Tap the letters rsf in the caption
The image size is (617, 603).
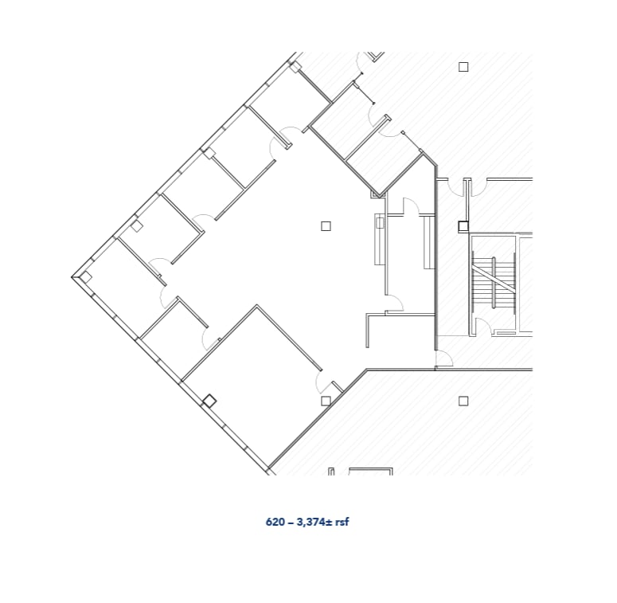[x=341, y=523]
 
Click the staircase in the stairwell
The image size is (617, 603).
[x=493, y=283]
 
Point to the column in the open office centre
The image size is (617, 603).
[x=326, y=226]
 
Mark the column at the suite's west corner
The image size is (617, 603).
[x=85, y=277]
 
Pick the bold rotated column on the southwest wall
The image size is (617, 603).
[x=209, y=401]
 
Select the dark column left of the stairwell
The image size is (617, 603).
[x=463, y=227]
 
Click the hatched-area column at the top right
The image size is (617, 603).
[x=463, y=67]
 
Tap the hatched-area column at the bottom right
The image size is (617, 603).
[x=463, y=401]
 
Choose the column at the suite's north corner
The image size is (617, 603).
[x=295, y=68]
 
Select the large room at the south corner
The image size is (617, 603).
[x=255, y=382]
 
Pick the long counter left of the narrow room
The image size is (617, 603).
[x=380, y=239]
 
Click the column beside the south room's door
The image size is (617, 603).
[x=326, y=401]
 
